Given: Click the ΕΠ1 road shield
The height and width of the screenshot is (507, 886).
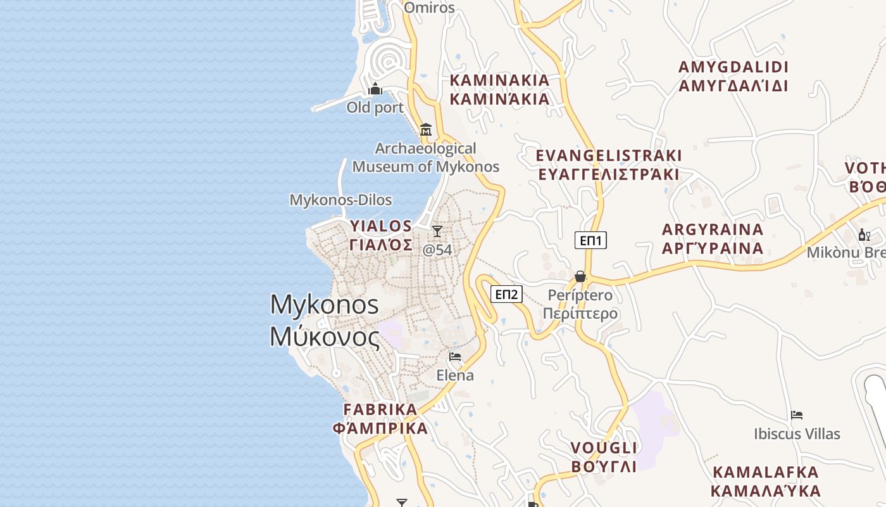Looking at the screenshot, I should click(x=590, y=240).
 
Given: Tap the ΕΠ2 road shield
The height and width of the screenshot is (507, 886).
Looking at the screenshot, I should click(x=507, y=294).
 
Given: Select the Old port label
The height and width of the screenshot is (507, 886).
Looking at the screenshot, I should click(x=375, y=108).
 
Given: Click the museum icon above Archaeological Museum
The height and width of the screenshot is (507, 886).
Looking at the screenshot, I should click(x=426, y=130).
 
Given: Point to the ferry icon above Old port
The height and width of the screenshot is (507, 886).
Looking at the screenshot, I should click(x=375, y=89).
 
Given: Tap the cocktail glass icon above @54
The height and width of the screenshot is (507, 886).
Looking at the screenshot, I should click(x=437, y=231).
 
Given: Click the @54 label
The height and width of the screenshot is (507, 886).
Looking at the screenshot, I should click(x=437, y=250).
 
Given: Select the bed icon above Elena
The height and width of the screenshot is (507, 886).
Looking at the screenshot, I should click(x=455, y=357).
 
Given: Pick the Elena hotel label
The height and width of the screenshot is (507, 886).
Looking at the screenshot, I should click(x=455, y=375).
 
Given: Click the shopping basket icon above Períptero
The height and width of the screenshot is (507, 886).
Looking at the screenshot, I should click(x=580, y=276).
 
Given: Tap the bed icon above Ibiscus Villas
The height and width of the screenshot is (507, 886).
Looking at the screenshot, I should click(x=797, y=416).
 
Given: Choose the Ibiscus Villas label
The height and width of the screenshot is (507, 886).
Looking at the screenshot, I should click(x=797, y=434).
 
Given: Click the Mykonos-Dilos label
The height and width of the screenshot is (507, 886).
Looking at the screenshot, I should click(x=340, y=200).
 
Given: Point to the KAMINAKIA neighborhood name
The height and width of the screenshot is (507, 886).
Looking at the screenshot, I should click(x=499, y=90).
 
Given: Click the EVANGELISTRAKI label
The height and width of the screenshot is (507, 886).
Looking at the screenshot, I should click(x=609, y=165).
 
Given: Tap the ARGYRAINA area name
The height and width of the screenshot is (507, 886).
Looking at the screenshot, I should click(x=713, y=238).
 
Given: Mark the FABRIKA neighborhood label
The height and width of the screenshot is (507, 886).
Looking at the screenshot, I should click(x=380, y=418).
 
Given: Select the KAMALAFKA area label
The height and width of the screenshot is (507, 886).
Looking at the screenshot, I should click(x=766, y=482).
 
